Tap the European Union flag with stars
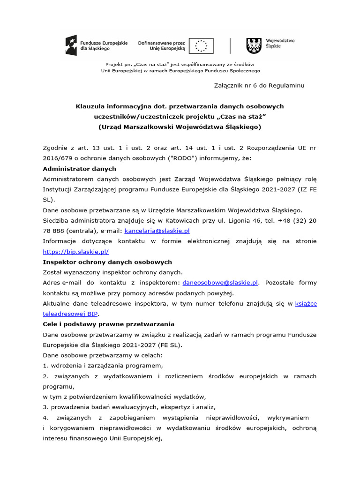(x=201, y=45)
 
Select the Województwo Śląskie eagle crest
(x=254, y=45)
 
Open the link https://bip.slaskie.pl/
(x=75, y=252)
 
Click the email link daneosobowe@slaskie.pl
(x=220, y=283)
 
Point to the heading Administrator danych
(x=79, y=169)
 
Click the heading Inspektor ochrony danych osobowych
(x=107, y=262)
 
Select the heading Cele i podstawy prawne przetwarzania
(x=108, y=324)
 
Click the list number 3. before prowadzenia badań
(x=45, y=407)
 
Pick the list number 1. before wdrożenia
(x=45, y=366)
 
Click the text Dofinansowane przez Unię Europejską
(x=161, y=45)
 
